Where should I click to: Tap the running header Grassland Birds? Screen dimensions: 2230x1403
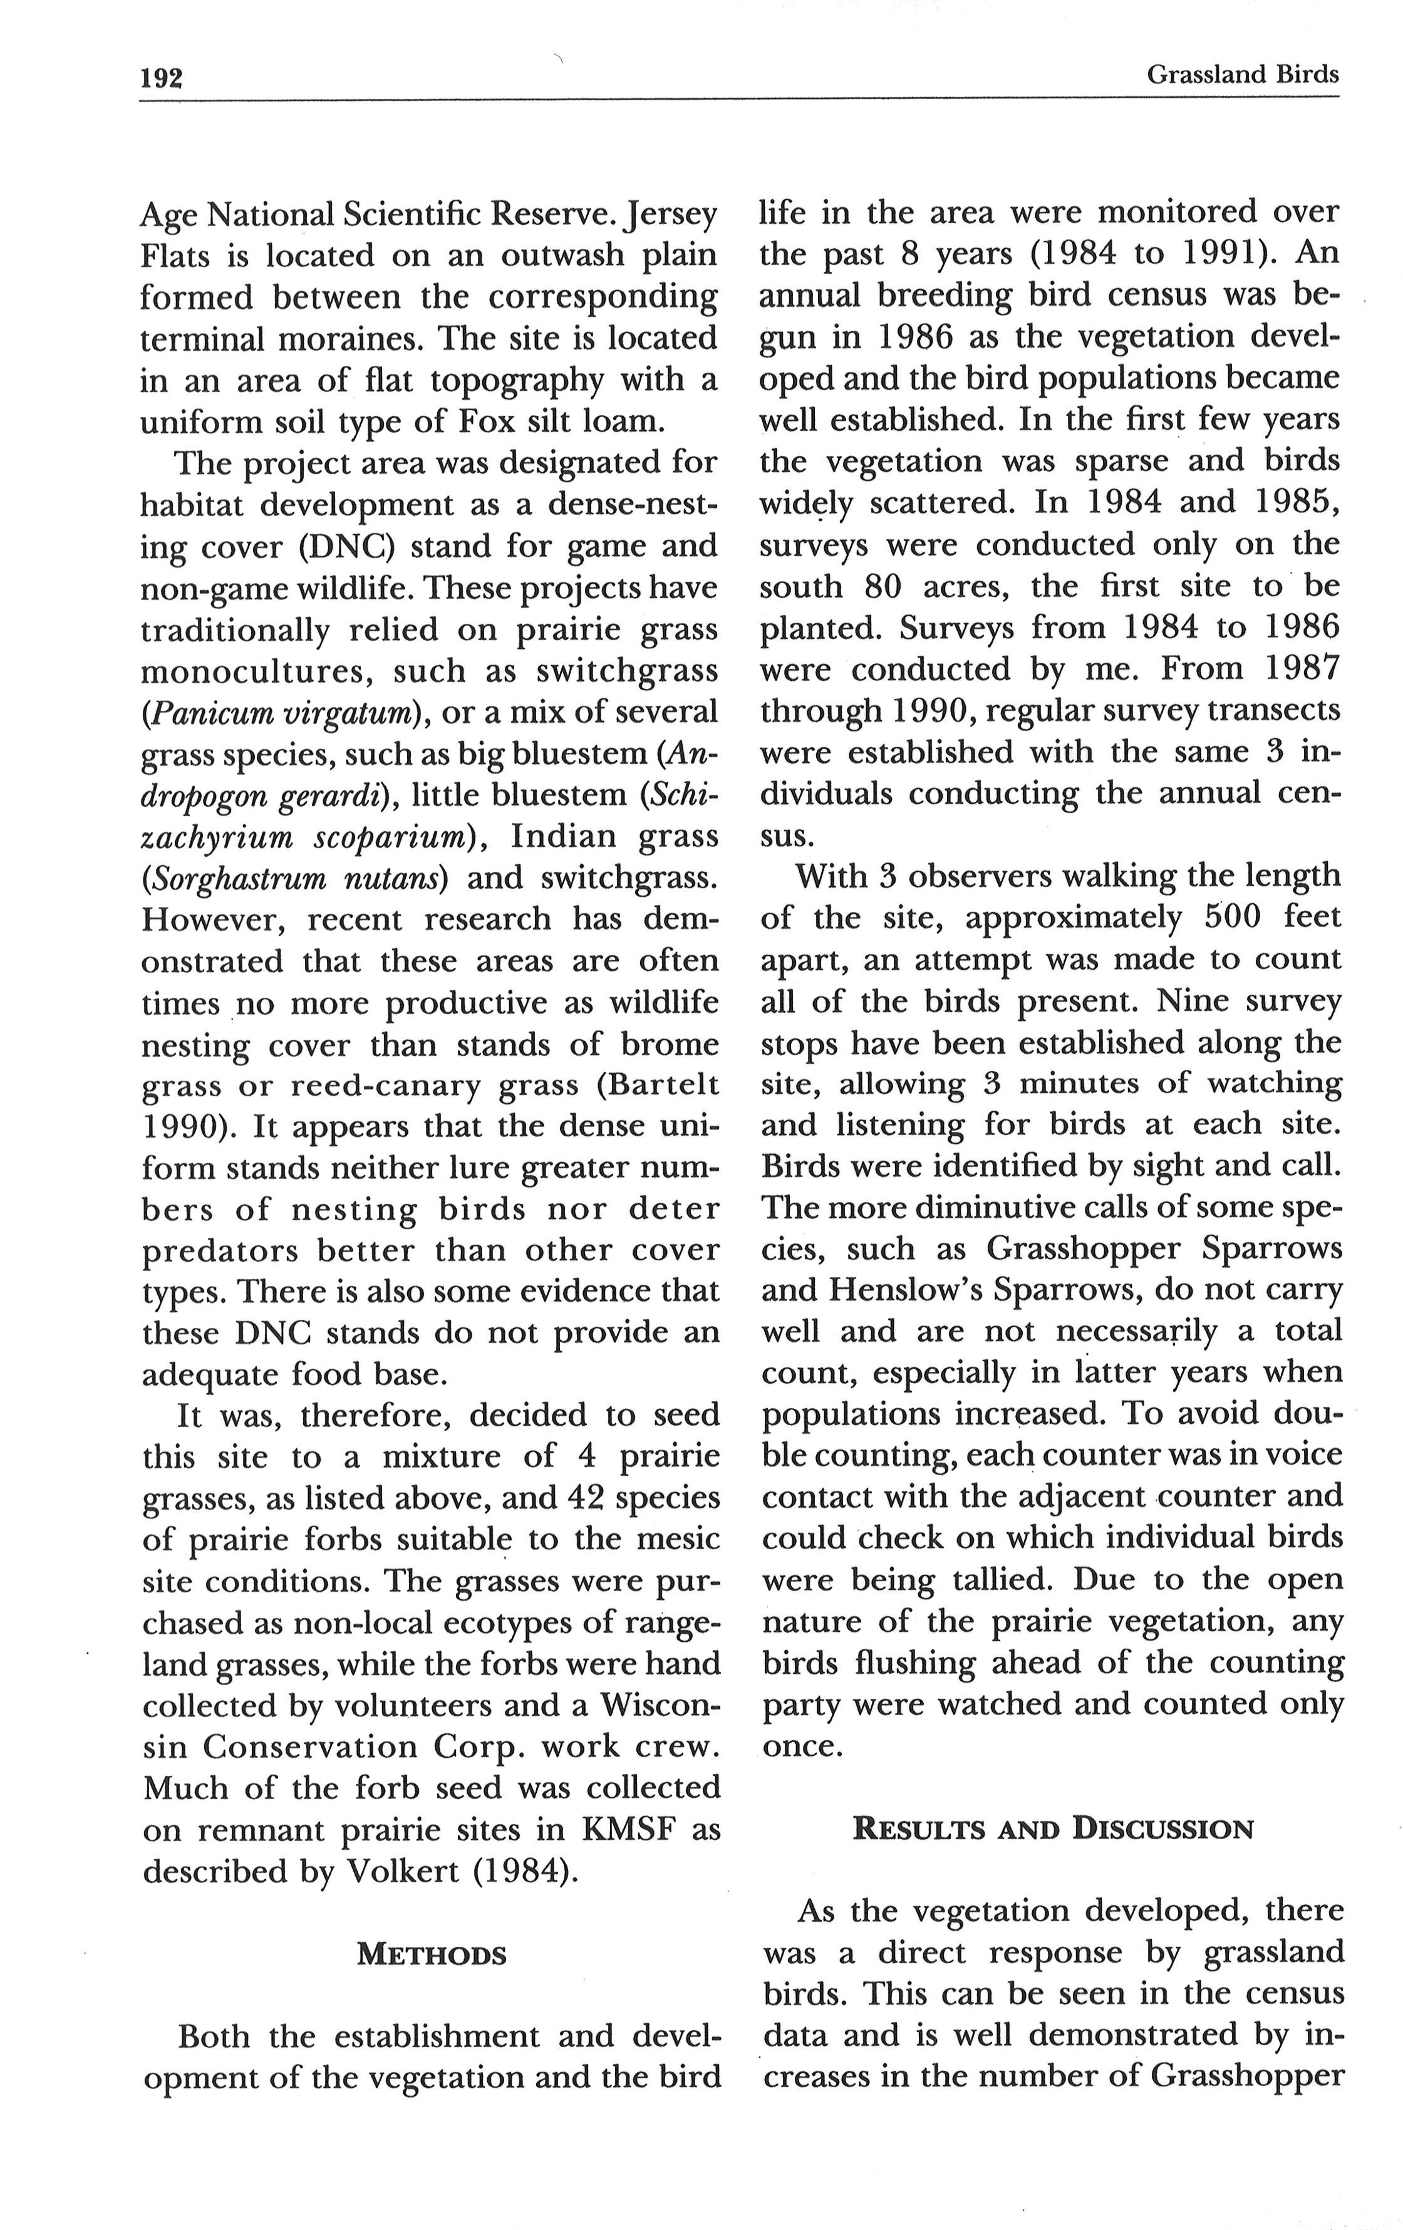pyautogui.click(x=1242, y=74)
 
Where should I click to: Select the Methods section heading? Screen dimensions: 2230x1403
pyautogui.click(x=432, y=1955)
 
